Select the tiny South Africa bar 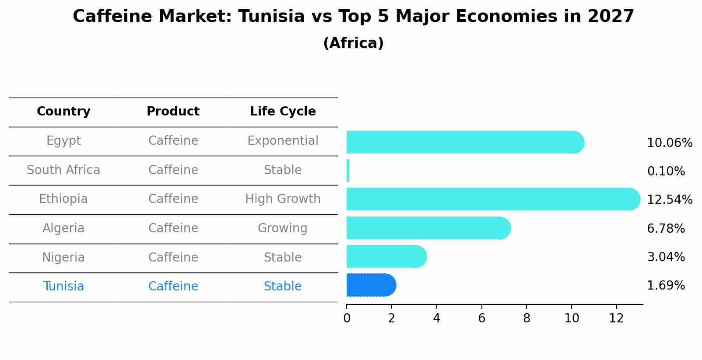click(x=348, y=171)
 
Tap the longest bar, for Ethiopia click(x=493, y=199)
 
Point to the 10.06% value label click(x=669, y=143)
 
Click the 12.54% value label click(x=669, y=200)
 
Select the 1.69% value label click(x=665, y=286)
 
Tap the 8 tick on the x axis click(x=526, y=318)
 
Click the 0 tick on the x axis click(x=347, y=318)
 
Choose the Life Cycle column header click(x=283, y=112)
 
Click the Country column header click(x=63, y=112)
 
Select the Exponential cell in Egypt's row click(x=283, y=141)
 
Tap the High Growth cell click(x=283, y=199)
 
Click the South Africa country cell click(x=63, y=170)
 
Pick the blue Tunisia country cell click(x=63, y=287)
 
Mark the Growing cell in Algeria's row click(x=283, y=228)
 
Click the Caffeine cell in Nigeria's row click(x=173, y=258)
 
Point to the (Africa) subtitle click(x=353, y=43)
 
